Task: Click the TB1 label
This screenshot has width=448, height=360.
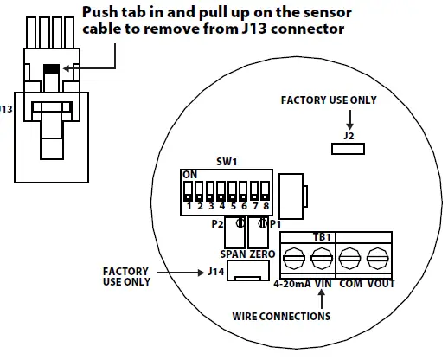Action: (x=321, y=237)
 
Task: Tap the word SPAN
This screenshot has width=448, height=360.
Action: (x=232, y=255)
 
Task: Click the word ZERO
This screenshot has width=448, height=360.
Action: (x=261, y=255)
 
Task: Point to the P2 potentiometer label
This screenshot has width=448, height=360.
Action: (x=218, y=224)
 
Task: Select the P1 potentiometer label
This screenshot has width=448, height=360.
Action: (x=275, y=224)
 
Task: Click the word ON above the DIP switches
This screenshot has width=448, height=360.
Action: (x=189, y=174)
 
